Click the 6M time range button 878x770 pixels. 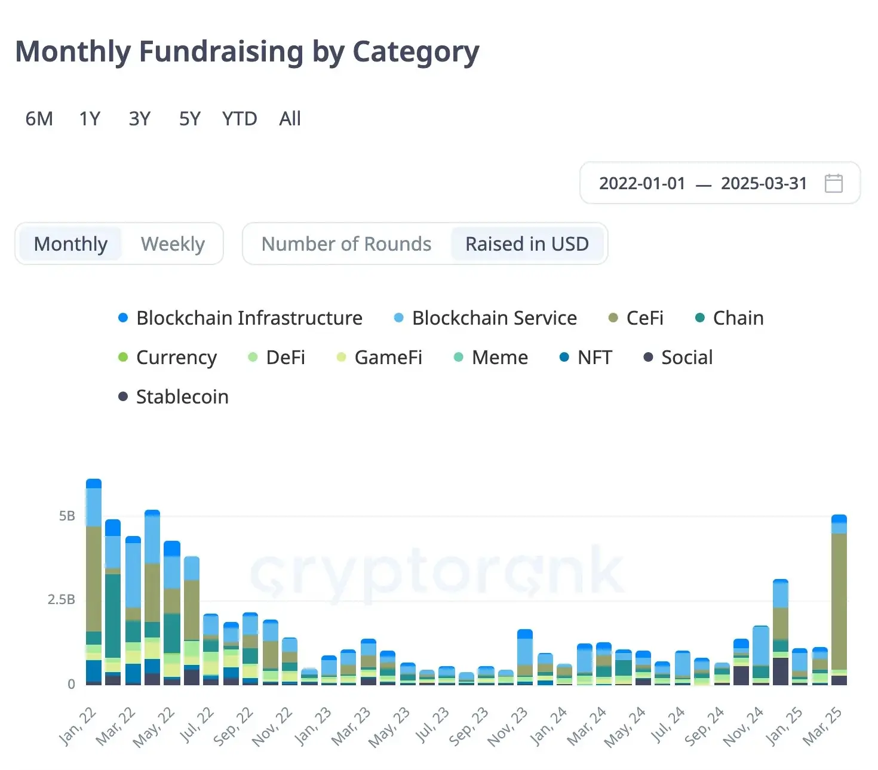pos(39,119)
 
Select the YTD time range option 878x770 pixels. pos(240,119)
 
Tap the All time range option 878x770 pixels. pos(290,119)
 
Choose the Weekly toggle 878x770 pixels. pos(173,244)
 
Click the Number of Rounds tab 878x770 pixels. pos(346,244)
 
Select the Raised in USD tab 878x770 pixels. pos(527,244)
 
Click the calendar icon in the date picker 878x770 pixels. pos(833,183)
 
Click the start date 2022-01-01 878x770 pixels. pos(642,183)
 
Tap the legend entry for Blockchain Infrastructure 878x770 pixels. pos(248,318)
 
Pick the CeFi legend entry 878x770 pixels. pos(644,318)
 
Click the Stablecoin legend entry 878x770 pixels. pos(182,397)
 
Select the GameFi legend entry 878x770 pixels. pos(388,358)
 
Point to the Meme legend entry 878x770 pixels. pos(499,358)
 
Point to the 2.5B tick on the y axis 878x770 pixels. pos(62,600)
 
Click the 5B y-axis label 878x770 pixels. pos(67,516)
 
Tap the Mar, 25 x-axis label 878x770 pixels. pos(822,727)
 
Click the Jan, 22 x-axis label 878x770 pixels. pos(78,727)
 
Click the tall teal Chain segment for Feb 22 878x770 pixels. pos(113,615)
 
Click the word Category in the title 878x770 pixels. pos(416,52)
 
